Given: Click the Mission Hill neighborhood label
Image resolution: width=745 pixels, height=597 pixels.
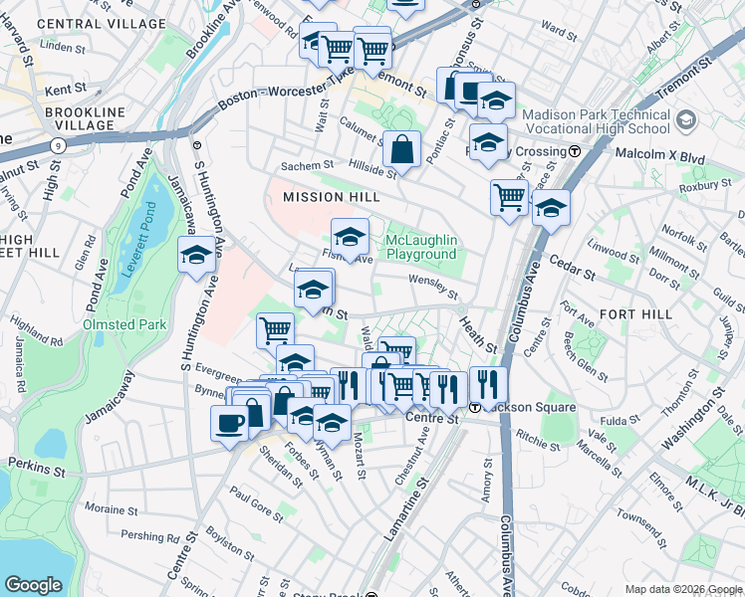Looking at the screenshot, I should pyautogui.click(x=332, y=197).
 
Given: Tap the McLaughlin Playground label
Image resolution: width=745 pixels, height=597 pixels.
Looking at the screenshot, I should pyautogui.click(x=422, y=248).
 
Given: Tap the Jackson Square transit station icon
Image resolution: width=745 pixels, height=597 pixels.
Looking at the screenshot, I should pyautogui.click(x=476, y=407).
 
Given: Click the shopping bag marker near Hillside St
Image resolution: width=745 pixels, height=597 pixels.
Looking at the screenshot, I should pyautogui.click(x=401, y=150).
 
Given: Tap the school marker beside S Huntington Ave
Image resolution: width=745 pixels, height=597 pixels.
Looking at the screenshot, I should pyautogui.click(x=196, y=257).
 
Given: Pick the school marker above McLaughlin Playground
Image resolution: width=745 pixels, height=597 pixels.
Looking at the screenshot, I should pyautogui.click(x=350, y=237).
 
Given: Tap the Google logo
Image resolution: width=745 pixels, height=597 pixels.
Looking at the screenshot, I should pyautogui.click(x=33, y=585).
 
